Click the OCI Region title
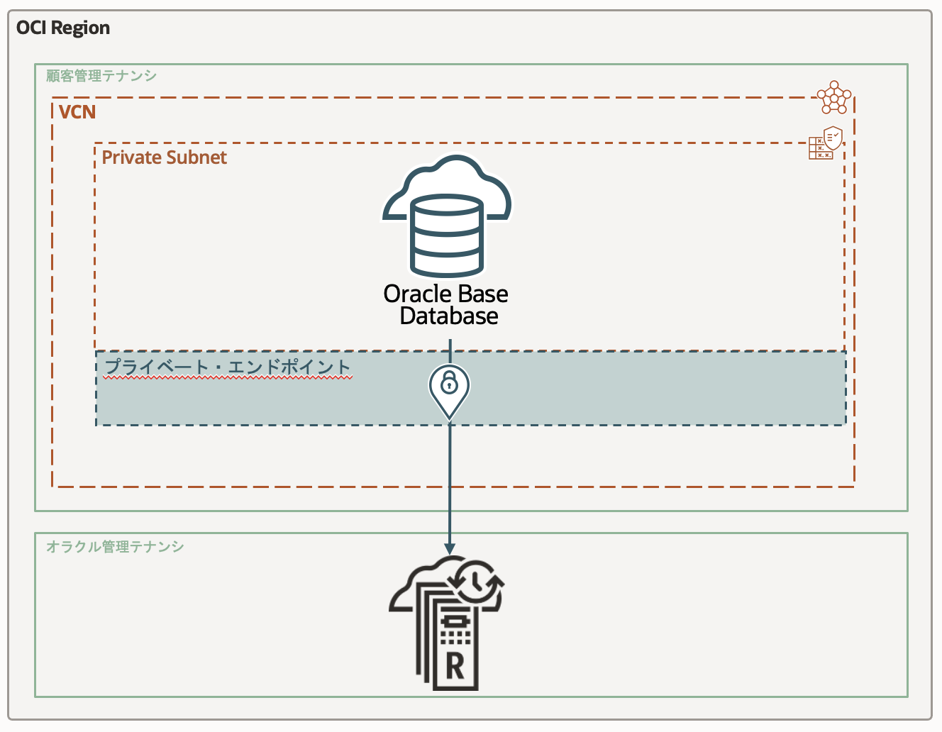pyautogui.click(x=63, y=28)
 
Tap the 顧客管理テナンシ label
pyautogui.click(x=101, y=76)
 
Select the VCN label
pyautogui.click(x=77, y=113)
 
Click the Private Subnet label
pyautogui.click(x=164, y=157)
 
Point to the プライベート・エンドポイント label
pyautogui.click(x=228, y=367)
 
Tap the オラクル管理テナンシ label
pyautogui.click(x=115, y=547)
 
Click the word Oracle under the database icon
pyautogui.click(x=418, y=294)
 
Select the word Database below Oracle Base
pyautogui.click(x=449, y=316)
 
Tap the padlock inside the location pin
pyautogui.click(x=449, y=384)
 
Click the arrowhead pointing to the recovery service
pyautogui.click(x=450, y=548)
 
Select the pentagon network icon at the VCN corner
pyautogui.click(x=833, y=98)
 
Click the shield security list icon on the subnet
pyautogui.click(x=833, y=138)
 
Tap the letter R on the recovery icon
pyautogui.click(x=454, y=667)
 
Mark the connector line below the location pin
pyautogui.click(x=450, y=482)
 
